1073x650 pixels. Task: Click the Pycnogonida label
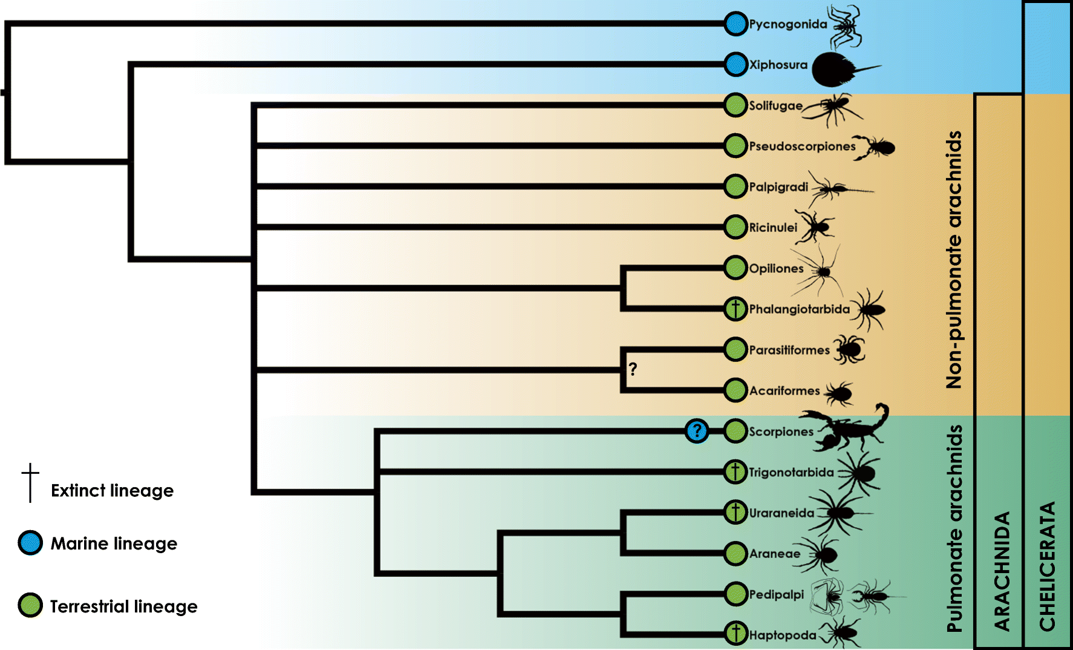[x=788, y=24]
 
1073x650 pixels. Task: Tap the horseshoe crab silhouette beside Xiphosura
[x=838, y=68]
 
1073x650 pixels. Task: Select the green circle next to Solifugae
[x=735, y=105]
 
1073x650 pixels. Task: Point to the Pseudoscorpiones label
[x=802, y=146]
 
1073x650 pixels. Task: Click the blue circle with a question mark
[x=697, y=431]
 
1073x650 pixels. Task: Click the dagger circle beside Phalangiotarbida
[x=735, y=309]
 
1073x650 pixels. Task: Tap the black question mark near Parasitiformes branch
[x=633, y=369]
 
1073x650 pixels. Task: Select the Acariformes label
[x=784, y=391]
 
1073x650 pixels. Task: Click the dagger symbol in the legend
[x=30, y=482]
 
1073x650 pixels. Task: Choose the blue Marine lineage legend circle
[x=30, y=543]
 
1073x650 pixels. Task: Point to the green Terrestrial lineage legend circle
[x=30, y=605]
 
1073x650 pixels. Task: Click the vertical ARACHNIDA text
[x=1002, y=571]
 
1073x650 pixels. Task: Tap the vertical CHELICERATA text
[x=1047, y=566]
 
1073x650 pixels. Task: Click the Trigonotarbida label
[x=791, y=472]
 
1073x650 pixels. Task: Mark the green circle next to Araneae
[x=735, y=553]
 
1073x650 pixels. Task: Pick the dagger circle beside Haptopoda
[x=735, y=634]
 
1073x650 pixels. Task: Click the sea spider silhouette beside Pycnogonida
[x=846, y=27]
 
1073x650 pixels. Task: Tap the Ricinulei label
[x=773, y=228]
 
